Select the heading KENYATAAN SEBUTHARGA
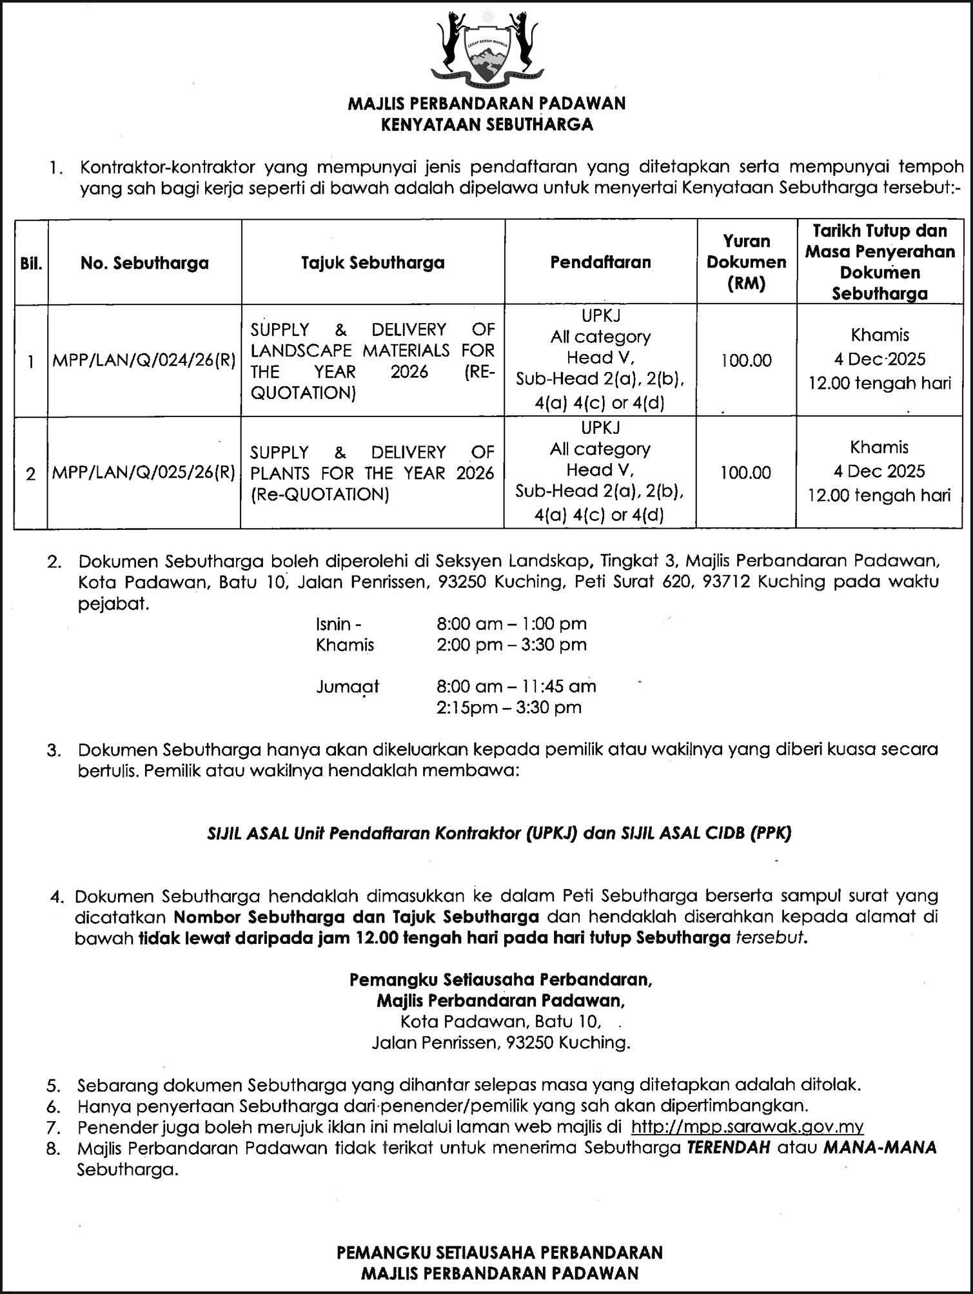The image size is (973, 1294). pos(487,124)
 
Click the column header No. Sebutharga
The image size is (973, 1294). pos(144,263)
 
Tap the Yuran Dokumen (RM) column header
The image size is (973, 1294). pos(746,262)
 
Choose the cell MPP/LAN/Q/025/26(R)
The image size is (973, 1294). pos(144,473)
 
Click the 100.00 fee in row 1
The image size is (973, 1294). pos(746,360)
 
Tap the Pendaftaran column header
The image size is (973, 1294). pos(600,262)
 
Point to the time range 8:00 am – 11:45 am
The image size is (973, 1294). pos(516,686)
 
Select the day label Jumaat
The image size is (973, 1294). pos(348,687)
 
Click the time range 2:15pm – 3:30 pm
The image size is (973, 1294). pos(509,707)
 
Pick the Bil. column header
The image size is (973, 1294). pos(30,264)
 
